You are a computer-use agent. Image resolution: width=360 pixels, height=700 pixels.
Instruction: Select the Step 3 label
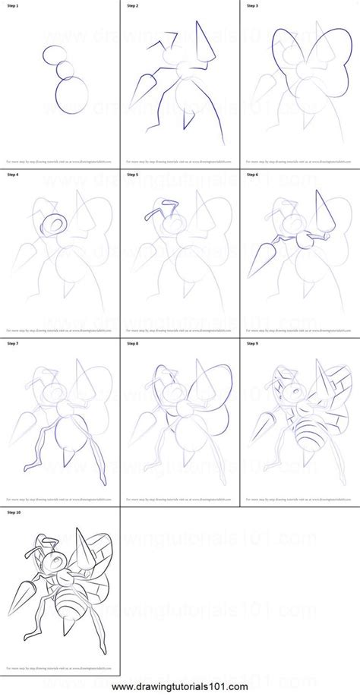click(251, 5)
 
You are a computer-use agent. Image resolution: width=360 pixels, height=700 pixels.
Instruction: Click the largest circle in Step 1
click(71, 95)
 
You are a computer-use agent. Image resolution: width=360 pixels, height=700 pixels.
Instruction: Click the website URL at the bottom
click(180, 689)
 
